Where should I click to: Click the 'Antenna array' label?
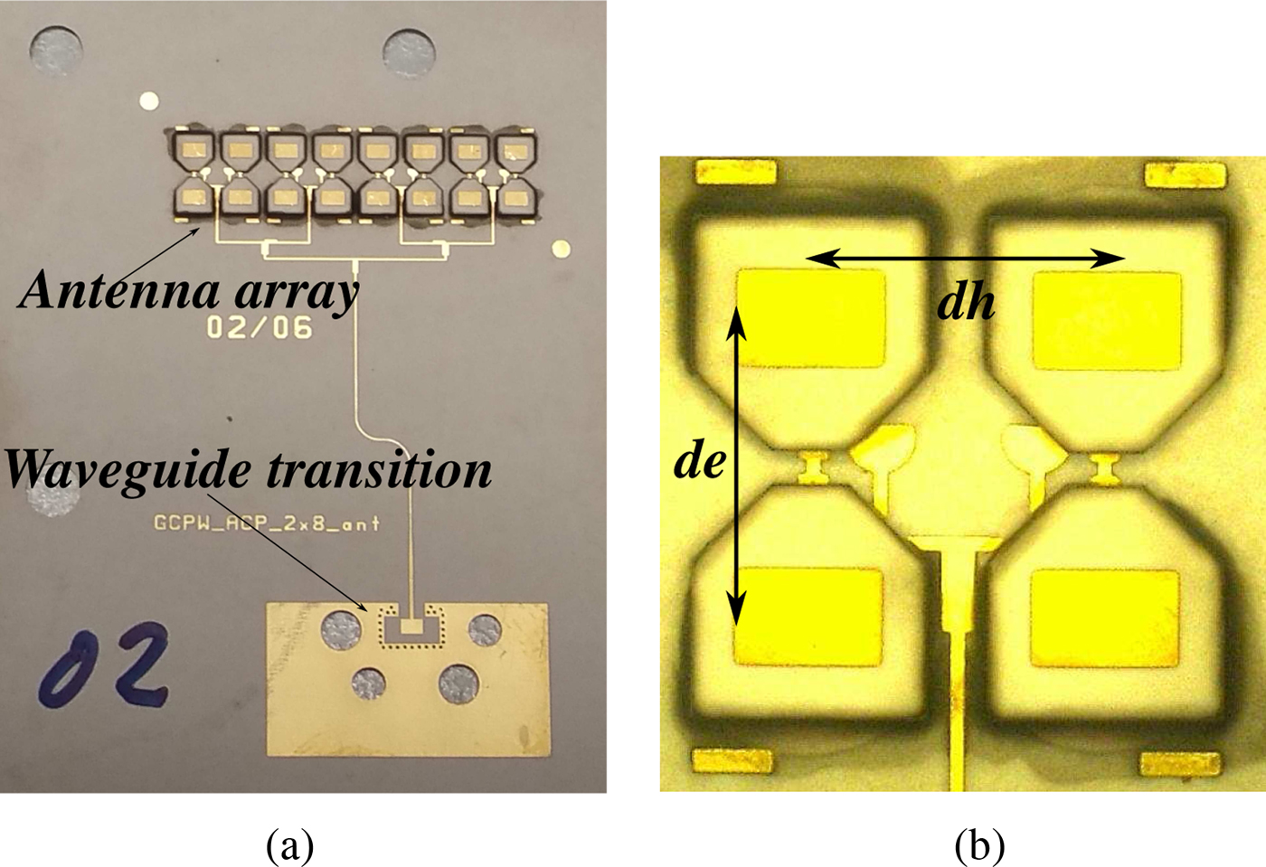click(188, 291)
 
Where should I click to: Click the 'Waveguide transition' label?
click(249, 469)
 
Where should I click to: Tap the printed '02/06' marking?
click(260, 325)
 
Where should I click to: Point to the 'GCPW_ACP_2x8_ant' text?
click(266, 523)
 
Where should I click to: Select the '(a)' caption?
click(289, 846)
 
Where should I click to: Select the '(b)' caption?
click(979, 846)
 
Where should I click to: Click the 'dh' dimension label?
click(966, 302)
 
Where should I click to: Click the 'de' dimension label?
click(699, 461)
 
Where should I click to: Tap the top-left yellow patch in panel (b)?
click(811, 318)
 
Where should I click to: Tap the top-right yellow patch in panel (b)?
click(1107, 320)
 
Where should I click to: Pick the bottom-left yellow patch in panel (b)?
click(808, 616)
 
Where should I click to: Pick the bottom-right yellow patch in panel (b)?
click(1104, 617)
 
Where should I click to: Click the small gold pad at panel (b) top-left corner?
click(734, 172)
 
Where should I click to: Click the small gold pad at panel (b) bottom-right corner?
click(1180, 763)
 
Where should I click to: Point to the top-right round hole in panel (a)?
click(409, 52)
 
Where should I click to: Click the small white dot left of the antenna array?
click(149, 99)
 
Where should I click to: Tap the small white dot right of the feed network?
click(561, 249)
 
